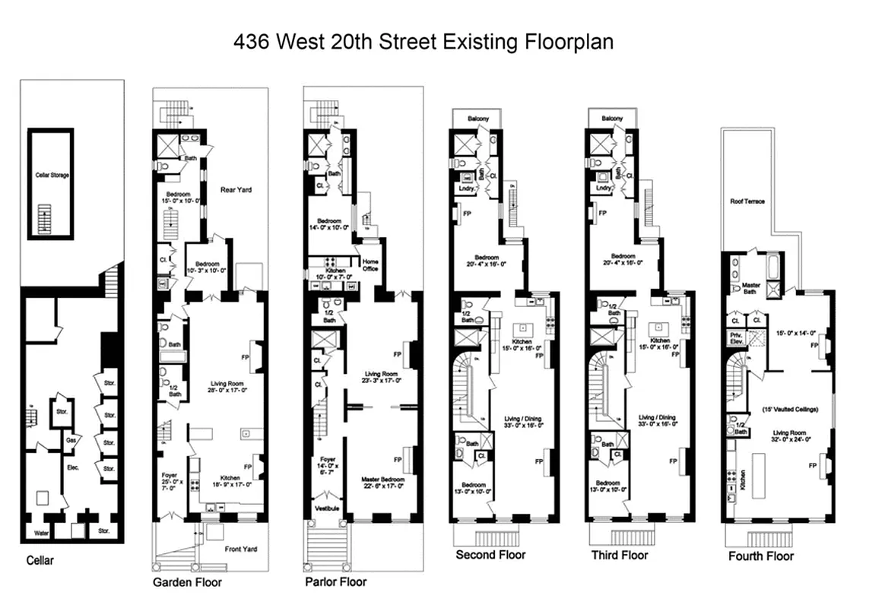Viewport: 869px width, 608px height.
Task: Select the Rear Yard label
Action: pos(236,189)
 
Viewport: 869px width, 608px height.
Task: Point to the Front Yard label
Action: pos(240,549)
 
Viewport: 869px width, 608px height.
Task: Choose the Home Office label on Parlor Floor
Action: pos(369,265)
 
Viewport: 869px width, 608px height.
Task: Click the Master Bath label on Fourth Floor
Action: pos(750,289)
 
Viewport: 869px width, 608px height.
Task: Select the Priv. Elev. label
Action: pos(736,338)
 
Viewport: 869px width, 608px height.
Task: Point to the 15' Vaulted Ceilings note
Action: pos(790,410)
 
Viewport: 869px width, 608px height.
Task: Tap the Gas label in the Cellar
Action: pos(70,440)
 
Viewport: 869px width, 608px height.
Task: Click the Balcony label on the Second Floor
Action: pos(468,119)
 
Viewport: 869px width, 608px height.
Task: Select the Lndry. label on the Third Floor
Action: pos(604,187)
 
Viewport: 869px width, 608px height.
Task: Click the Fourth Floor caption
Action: pos(760,556)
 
